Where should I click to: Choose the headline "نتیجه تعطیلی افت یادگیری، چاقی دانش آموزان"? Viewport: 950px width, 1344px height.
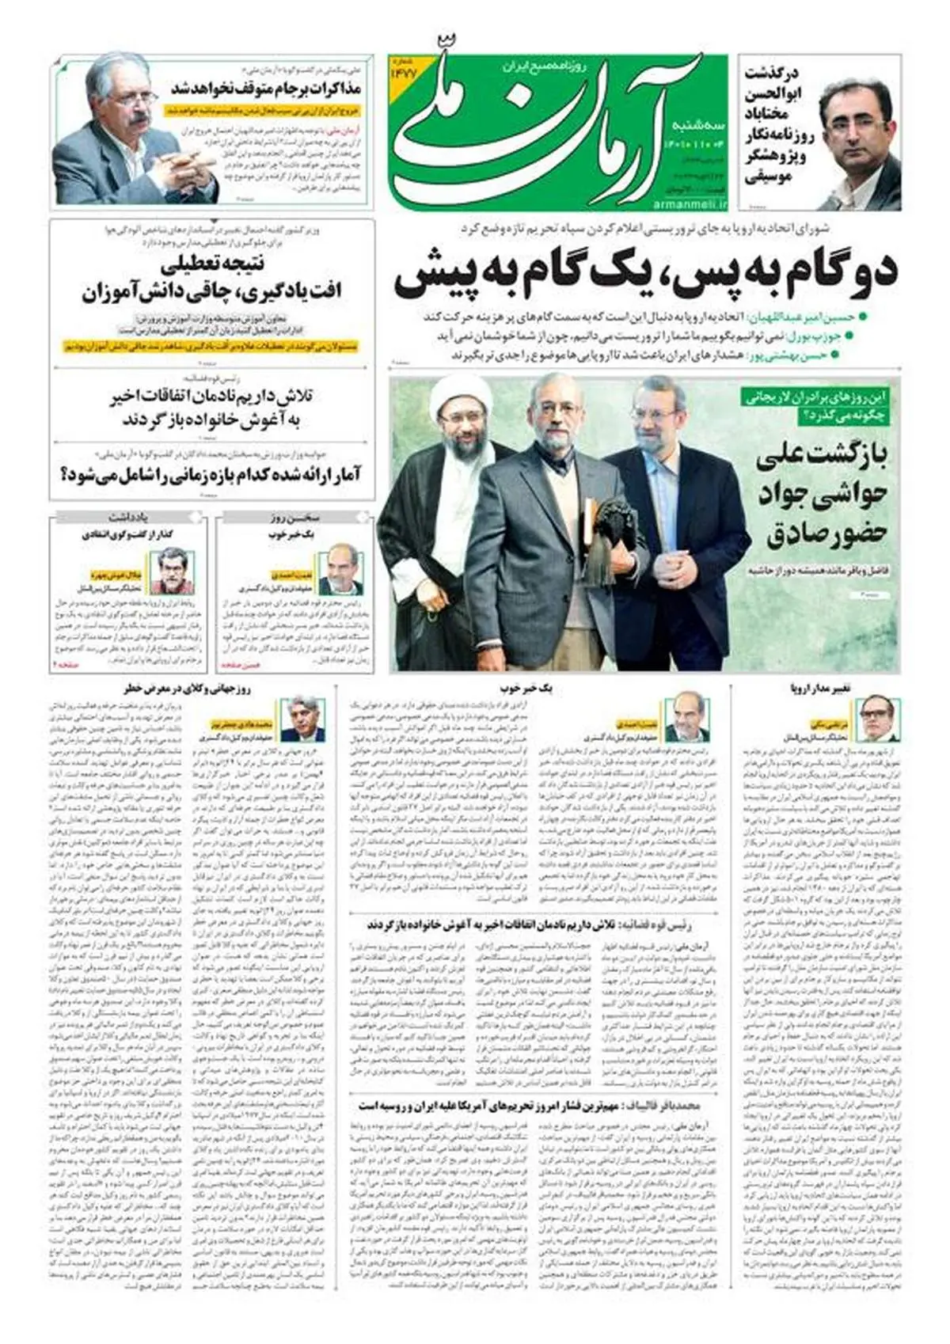212,279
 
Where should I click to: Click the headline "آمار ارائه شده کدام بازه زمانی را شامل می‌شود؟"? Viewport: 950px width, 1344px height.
211,475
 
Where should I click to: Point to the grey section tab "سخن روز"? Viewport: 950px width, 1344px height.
294,518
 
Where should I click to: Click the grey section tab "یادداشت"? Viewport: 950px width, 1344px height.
128,518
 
